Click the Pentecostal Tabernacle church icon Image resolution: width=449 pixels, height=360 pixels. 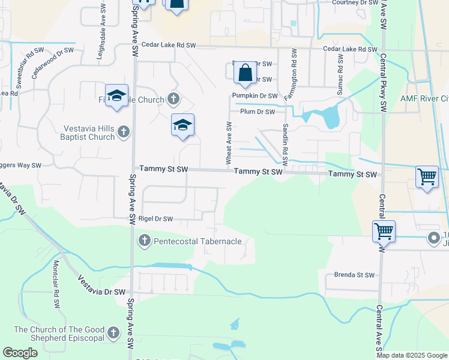click(x=144, y=241)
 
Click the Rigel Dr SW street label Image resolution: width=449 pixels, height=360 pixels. click(x=155, y=219)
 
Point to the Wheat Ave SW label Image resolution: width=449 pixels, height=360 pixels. click(x=229, y=143)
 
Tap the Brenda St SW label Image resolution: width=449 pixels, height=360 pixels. click(x=354, y=275)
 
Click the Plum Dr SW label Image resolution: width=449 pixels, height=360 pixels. click(x=257, y=112)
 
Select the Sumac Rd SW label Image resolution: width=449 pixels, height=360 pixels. click(x=340, y=74)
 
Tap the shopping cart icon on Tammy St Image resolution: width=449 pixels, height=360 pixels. click(x=427, y=178)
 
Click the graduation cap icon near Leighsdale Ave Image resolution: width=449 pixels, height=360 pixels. click(x=116, y=96)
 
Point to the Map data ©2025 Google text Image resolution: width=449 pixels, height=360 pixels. click(x=412, y=355)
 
